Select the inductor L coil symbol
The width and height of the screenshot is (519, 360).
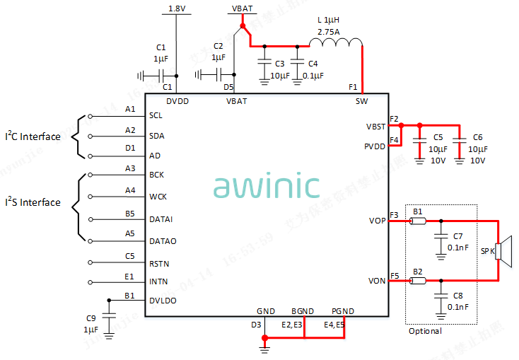(335, 45)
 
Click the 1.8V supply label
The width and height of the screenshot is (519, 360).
(177, 8)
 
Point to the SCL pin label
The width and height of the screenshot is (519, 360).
(156, 115)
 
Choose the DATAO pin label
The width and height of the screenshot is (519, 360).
(163, 241)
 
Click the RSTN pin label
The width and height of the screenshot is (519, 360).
(159, 264)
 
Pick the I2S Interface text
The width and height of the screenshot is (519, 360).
(33, 203)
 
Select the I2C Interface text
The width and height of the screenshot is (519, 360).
(33, 137)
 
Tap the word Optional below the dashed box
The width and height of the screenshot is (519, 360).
(426, 330)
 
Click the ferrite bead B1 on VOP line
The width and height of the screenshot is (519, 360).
(418, 221)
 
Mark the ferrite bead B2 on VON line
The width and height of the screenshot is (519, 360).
(418, 281)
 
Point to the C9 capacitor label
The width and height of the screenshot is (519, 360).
(90, 318)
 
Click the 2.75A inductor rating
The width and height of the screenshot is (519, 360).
(330, 33)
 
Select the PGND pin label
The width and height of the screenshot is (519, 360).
(342, 311)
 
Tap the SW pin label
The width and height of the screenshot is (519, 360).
(361, 101)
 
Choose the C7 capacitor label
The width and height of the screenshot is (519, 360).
(458, 236)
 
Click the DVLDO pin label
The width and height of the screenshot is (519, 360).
(163, 301)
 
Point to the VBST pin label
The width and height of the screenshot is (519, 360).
(376, 126)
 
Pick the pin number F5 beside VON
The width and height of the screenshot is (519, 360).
(395, 276)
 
